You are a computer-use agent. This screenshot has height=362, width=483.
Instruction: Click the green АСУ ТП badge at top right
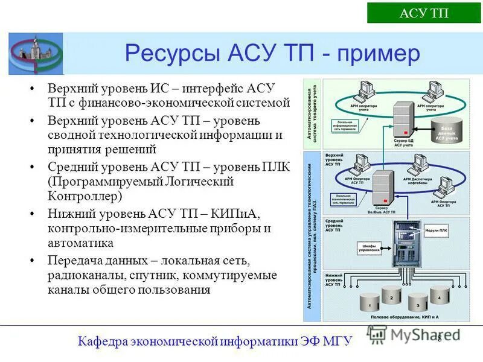424,13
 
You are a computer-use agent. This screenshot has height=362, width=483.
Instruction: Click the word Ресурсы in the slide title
170,53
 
